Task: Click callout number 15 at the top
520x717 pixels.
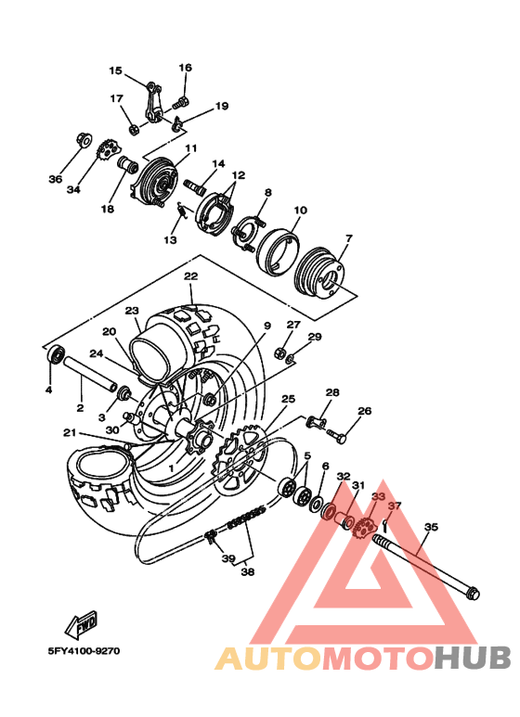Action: click(x=115, y=70)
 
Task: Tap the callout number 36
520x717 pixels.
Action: click(x=55, y=179)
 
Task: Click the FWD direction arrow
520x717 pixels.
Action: click(x=82, y=620)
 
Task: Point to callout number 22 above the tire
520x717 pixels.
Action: click(x=190, y=276)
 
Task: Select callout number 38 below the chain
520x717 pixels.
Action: click(x=247, y=572)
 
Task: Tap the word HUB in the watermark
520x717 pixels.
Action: click(x=474, y=658)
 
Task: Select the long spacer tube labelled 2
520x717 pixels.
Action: click(x=91, y=380)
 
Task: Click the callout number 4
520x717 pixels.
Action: click(x=48, y=390)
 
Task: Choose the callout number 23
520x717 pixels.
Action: click(x=131, y=311)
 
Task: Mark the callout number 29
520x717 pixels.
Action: click(x=315, y=337)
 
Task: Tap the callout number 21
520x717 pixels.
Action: click(x=70, y=432)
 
